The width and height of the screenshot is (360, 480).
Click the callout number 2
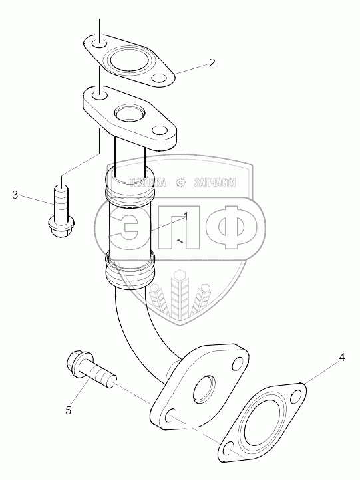pos(212,62)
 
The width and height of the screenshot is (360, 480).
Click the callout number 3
pos(15,195)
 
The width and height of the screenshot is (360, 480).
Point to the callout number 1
pos(186,217)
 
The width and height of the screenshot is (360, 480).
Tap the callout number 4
pos(341,357)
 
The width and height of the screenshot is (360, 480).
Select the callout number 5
pos(69,410)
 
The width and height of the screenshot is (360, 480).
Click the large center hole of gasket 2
pos(125,60)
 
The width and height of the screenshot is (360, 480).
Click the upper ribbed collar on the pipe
pos(130,189)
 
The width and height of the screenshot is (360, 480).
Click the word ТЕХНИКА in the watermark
pos(148,183)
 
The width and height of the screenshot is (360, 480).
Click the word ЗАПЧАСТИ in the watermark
pos(215,183)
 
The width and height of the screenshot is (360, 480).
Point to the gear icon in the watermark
pos(180,183)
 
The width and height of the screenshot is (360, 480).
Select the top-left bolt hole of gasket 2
pos(99,44)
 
